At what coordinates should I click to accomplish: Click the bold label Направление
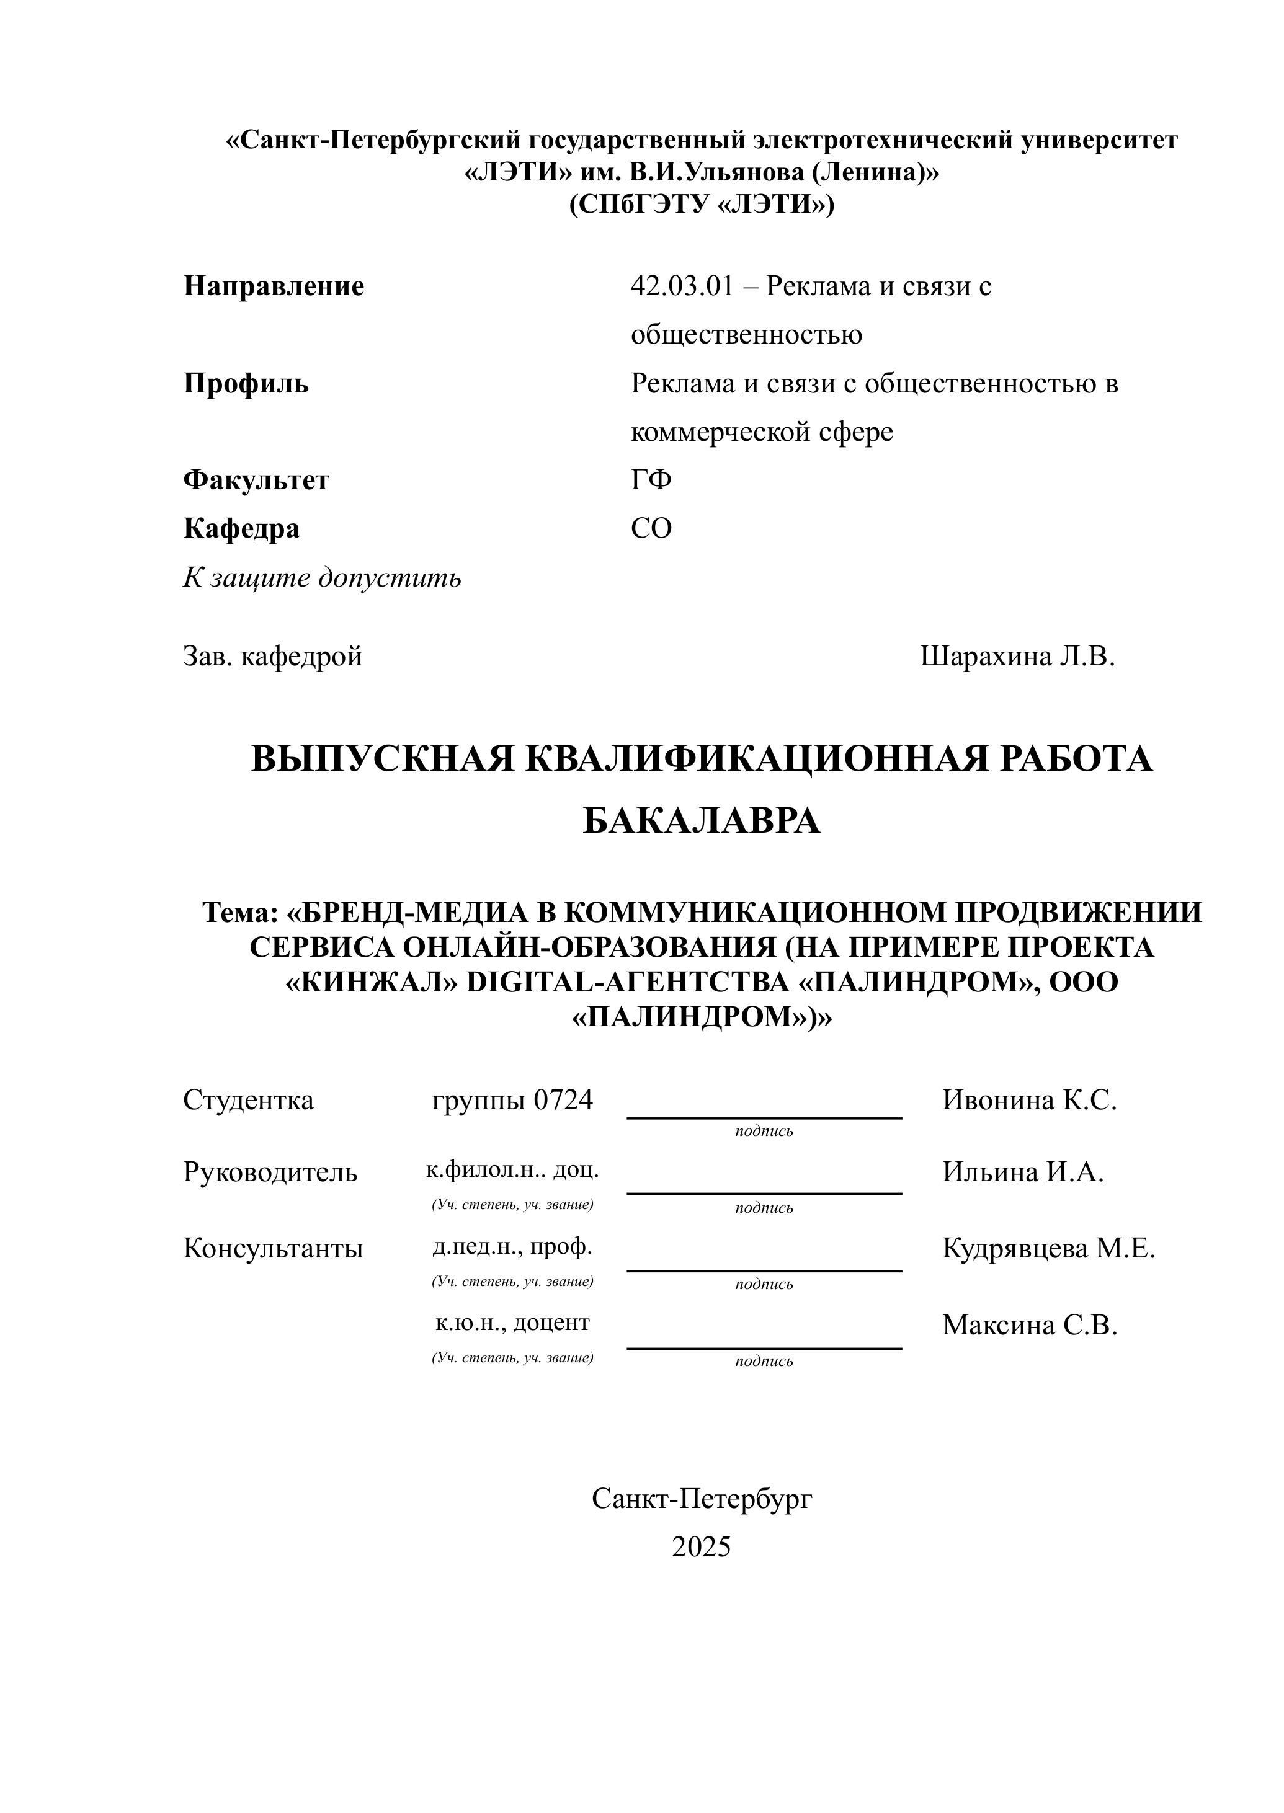point(274,286)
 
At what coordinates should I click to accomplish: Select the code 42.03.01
point(682,286)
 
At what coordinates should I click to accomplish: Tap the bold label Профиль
point(246,384)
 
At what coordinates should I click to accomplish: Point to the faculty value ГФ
point(651,480)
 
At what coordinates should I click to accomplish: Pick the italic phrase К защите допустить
point(322,578)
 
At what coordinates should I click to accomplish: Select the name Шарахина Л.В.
point(1017,656)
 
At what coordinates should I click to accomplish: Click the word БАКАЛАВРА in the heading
point(702,822)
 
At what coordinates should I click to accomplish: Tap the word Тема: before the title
point(240,912)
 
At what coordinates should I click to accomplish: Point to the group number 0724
point(563,1100)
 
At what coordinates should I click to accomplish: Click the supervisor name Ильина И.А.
point(1022,1172)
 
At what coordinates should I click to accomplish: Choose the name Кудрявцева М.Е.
point(1048,1249)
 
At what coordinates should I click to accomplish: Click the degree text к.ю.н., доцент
point(512,1322)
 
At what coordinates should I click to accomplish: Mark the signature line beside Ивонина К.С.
point(764,1117)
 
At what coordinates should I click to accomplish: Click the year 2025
point(702,1546)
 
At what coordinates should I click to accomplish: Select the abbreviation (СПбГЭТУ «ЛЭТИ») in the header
point(702,205)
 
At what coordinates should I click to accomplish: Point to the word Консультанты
point(273,1249)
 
